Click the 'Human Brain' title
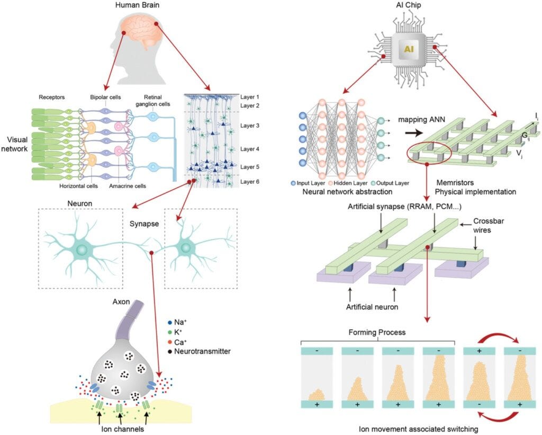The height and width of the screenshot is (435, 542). pyautogui.click(x=137, y=5)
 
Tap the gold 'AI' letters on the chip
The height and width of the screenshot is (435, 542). pyautogui.click(x=409, y=49)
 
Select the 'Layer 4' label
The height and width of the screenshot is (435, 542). pyautogui.click(x=250, y=149)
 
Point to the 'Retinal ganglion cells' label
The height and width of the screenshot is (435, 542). pyautogui.click(x=153, y=100)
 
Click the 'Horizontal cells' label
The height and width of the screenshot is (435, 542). pyautogui.click(x=78, y=186)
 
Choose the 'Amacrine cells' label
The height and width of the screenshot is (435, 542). pyautogui.click(x=128, y=186)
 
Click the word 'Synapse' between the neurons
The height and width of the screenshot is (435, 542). pyautogui.click(x=144, y=224)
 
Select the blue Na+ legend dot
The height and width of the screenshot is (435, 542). pyautogui.click(x=170, y=323)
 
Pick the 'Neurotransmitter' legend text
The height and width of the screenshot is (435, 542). pyautogui.click(x=202, y=351)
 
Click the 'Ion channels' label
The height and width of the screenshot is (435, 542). pyautogui.click(x=123, y=429)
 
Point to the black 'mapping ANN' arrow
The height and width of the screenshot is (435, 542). pyautogui.click(x=414, y=133)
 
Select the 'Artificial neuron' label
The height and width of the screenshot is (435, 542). pyautogui.click(x=372, y=307)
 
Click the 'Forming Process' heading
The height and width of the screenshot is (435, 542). pyautogui.click(x=377, y=333)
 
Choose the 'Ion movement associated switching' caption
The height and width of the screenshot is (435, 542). pyautogui.click(x=418, y=430)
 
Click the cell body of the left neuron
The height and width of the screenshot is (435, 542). pyautogui.click(x=82, y=249)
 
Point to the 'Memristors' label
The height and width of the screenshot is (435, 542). pyautogui.click(x=455, y=183)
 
